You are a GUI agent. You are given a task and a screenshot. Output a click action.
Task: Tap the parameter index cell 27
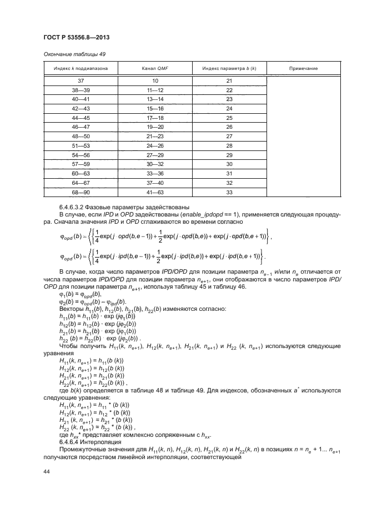tap(229, 136)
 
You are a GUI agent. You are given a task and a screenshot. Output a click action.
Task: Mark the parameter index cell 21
tap(229, 81)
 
